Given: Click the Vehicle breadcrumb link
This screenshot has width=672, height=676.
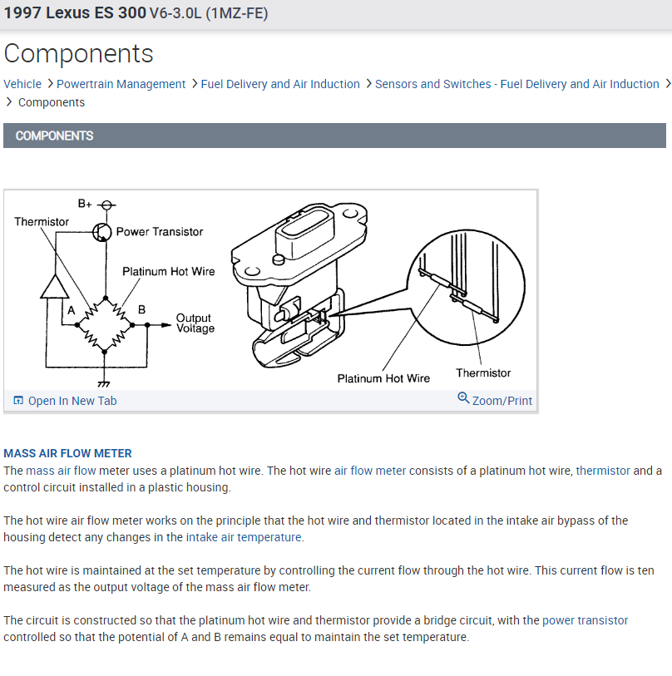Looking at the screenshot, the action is pyautogui.click(x=22, y=84).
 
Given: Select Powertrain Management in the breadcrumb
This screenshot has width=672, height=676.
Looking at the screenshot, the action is pyautogui.click(x=121, y=84).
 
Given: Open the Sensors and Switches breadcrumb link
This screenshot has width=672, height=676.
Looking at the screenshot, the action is pyautogui.click(x=516, y=84).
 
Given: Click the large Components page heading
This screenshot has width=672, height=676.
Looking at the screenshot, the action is pyautogui.click(x=79, y=53).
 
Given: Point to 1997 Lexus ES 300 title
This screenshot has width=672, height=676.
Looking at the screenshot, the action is pyautogui.click(x=74, y=14).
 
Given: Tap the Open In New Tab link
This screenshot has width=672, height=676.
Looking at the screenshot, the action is pyautogui.click(x=72, y=401).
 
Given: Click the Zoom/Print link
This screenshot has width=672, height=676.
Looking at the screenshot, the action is pyautogui.click(x=502, y=401).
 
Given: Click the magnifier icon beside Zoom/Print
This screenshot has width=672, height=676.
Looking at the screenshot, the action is pyautogui.click(x=463, y=398).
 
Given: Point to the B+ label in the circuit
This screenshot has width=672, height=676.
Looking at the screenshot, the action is pyautogui.click(x=85, y=203).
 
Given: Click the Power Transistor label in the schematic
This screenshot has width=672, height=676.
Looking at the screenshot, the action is pyautogui.click(x=159, y=232).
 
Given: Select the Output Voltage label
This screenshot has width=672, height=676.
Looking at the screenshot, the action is pyautogui.click(x=195, y=323).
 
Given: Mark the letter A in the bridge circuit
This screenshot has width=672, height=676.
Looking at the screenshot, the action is pyautogui.click(x=72, y=309).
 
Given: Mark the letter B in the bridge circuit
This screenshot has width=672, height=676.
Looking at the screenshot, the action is pyautogui.click(x=141, y=309).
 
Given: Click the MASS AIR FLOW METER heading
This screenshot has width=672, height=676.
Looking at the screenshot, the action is pyautogui.click(x=67, y=453).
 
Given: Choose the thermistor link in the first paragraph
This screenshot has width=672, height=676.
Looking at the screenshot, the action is pyautogui.click(x=603, y=471).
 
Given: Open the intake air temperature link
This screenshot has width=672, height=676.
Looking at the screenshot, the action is pyautogui.click(x=244, y=537).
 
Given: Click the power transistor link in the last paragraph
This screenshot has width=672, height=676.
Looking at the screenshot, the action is pyautogui.click(x=585, y=620).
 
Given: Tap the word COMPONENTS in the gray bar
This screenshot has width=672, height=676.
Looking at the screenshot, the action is pyautogui.click(x=54, y=136).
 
